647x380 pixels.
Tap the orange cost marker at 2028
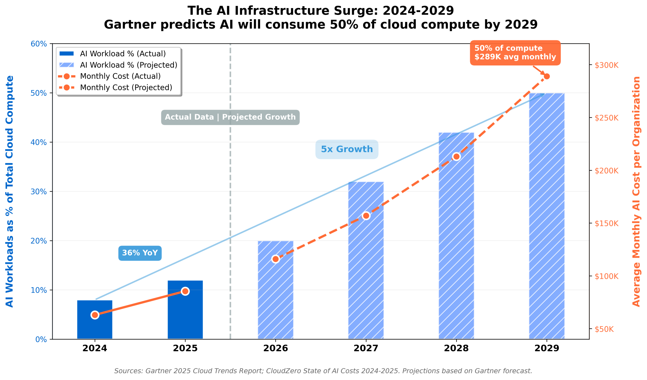click(456, 157)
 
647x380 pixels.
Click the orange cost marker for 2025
click(185, 291)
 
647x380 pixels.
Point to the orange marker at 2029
click(547, 77)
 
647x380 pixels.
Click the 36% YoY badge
click(140, 253)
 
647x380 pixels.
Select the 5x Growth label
click(346, 149)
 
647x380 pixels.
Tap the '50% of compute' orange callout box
click(515, 53)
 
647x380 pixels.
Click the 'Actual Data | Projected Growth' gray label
click(230, 117)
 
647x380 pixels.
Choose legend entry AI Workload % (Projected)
click(128, 65)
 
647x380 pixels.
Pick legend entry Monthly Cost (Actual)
click(120, 76)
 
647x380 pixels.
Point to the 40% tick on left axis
click(39, 142)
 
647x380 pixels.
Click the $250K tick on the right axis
click(606, 118)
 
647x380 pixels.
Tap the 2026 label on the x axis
click(275, 348)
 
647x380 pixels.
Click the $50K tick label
click(604, 329)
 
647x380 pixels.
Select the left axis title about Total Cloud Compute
click(10, 191)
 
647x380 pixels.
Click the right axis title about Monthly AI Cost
click(636, 191)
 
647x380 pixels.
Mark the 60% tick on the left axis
click(39, 44)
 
